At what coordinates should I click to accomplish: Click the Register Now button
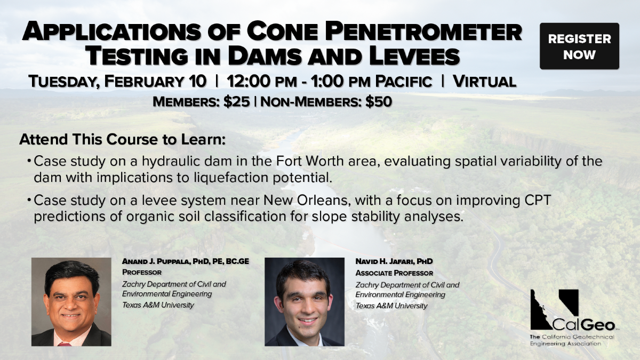pos(579,46)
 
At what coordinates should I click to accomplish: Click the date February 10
pos(155,81)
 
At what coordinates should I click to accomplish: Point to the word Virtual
pos(485,82)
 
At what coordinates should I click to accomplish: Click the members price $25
pos(237,102)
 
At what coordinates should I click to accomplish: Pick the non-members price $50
pos(379,102)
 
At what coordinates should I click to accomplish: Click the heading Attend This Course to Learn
pos(123,139)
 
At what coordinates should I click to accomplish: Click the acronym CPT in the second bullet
pos(538,201)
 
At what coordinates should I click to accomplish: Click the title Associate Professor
pos(394,273)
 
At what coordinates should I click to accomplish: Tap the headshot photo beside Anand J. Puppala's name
pos(71,302)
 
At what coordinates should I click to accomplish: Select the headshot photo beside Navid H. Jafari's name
pos(305,302)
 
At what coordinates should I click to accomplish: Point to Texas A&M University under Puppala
pos(158,305)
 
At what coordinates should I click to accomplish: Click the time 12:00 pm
pos(262,81)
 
